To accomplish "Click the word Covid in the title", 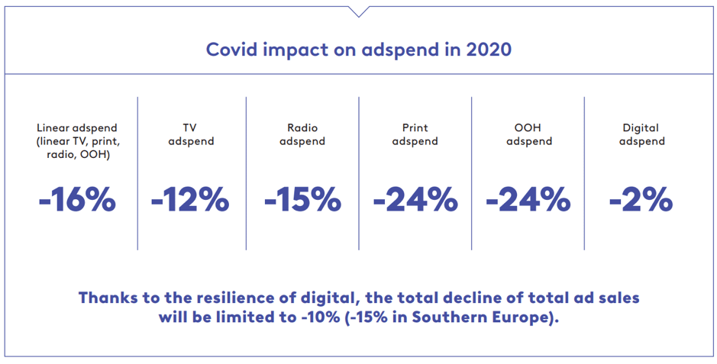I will pos(230,50).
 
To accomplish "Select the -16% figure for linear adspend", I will pos(78,200).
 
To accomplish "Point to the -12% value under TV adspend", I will pos(190,200).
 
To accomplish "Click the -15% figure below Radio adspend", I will pos(302,200).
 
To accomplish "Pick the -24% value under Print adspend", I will pos(415,200).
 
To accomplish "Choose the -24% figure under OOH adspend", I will pos(528,200).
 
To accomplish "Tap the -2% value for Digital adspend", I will pos(641,200).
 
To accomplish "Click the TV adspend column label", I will pos(191,134).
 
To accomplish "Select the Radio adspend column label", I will pos(302,134).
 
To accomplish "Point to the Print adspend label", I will pos(415,134).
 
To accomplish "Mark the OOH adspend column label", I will pos(528,134).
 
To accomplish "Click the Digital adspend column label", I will pos(641,134).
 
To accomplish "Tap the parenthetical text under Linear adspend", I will pos(78,148).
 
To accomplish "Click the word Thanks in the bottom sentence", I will pos(106,298).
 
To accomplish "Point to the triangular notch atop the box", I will pos(358,11).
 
